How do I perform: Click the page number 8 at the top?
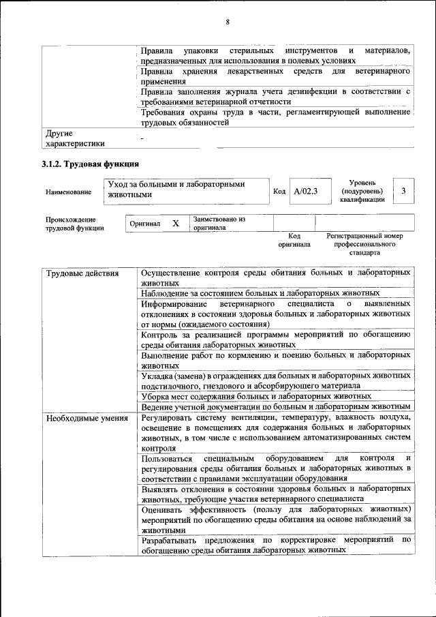click(227, 22)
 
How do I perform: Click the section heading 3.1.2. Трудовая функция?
click(91, 164)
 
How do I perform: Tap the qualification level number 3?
click(404, 191)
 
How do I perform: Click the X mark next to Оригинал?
click(175, 224)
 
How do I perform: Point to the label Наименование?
click(68, 192)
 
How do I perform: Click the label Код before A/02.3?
click(279, 192)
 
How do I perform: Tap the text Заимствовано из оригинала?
click(219, 224)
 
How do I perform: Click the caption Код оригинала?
click(294, 239)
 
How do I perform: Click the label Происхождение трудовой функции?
click(74, 224)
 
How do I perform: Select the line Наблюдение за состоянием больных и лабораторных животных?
click(260, 292)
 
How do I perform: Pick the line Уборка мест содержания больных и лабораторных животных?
click(256, 395)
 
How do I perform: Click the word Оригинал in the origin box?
click(144, 224)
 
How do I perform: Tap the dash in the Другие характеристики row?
click(142, 139)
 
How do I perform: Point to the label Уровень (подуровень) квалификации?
click(364, 191)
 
